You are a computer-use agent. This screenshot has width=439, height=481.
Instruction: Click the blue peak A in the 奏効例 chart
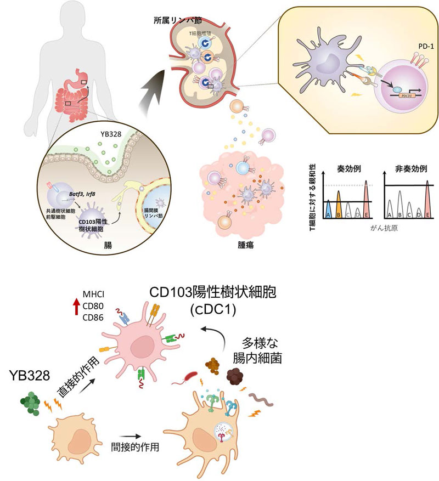point(328,209)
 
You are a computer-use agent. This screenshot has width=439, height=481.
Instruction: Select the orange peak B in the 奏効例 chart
point(339,205)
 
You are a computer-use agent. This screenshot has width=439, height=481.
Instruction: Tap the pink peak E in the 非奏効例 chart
point(427,202)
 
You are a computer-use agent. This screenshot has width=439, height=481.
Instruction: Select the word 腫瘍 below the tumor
point(240,245)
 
